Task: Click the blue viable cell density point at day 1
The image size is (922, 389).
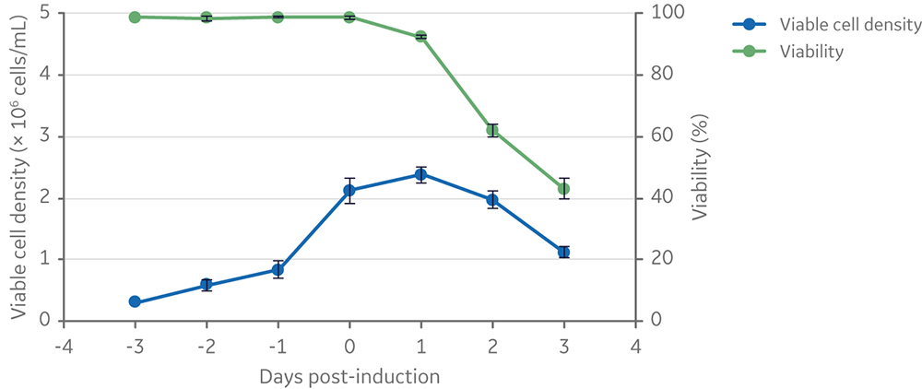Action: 420,174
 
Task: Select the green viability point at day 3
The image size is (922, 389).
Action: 563,188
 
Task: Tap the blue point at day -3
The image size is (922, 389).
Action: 135,301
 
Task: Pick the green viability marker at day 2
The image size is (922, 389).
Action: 492,130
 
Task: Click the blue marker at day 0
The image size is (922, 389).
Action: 349,190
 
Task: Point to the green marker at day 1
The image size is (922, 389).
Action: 420,36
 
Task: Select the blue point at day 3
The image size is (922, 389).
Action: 563,252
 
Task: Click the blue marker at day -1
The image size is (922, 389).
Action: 278,270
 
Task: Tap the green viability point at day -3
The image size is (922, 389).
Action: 135,17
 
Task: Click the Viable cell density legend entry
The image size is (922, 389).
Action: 848,25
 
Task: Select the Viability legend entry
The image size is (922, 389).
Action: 810,52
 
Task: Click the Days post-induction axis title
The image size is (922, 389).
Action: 349,376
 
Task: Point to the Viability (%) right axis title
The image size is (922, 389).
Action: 702,166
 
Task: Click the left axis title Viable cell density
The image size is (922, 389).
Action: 18,166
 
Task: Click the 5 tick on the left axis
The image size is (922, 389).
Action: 44,13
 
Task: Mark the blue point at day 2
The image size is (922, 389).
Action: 492,199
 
